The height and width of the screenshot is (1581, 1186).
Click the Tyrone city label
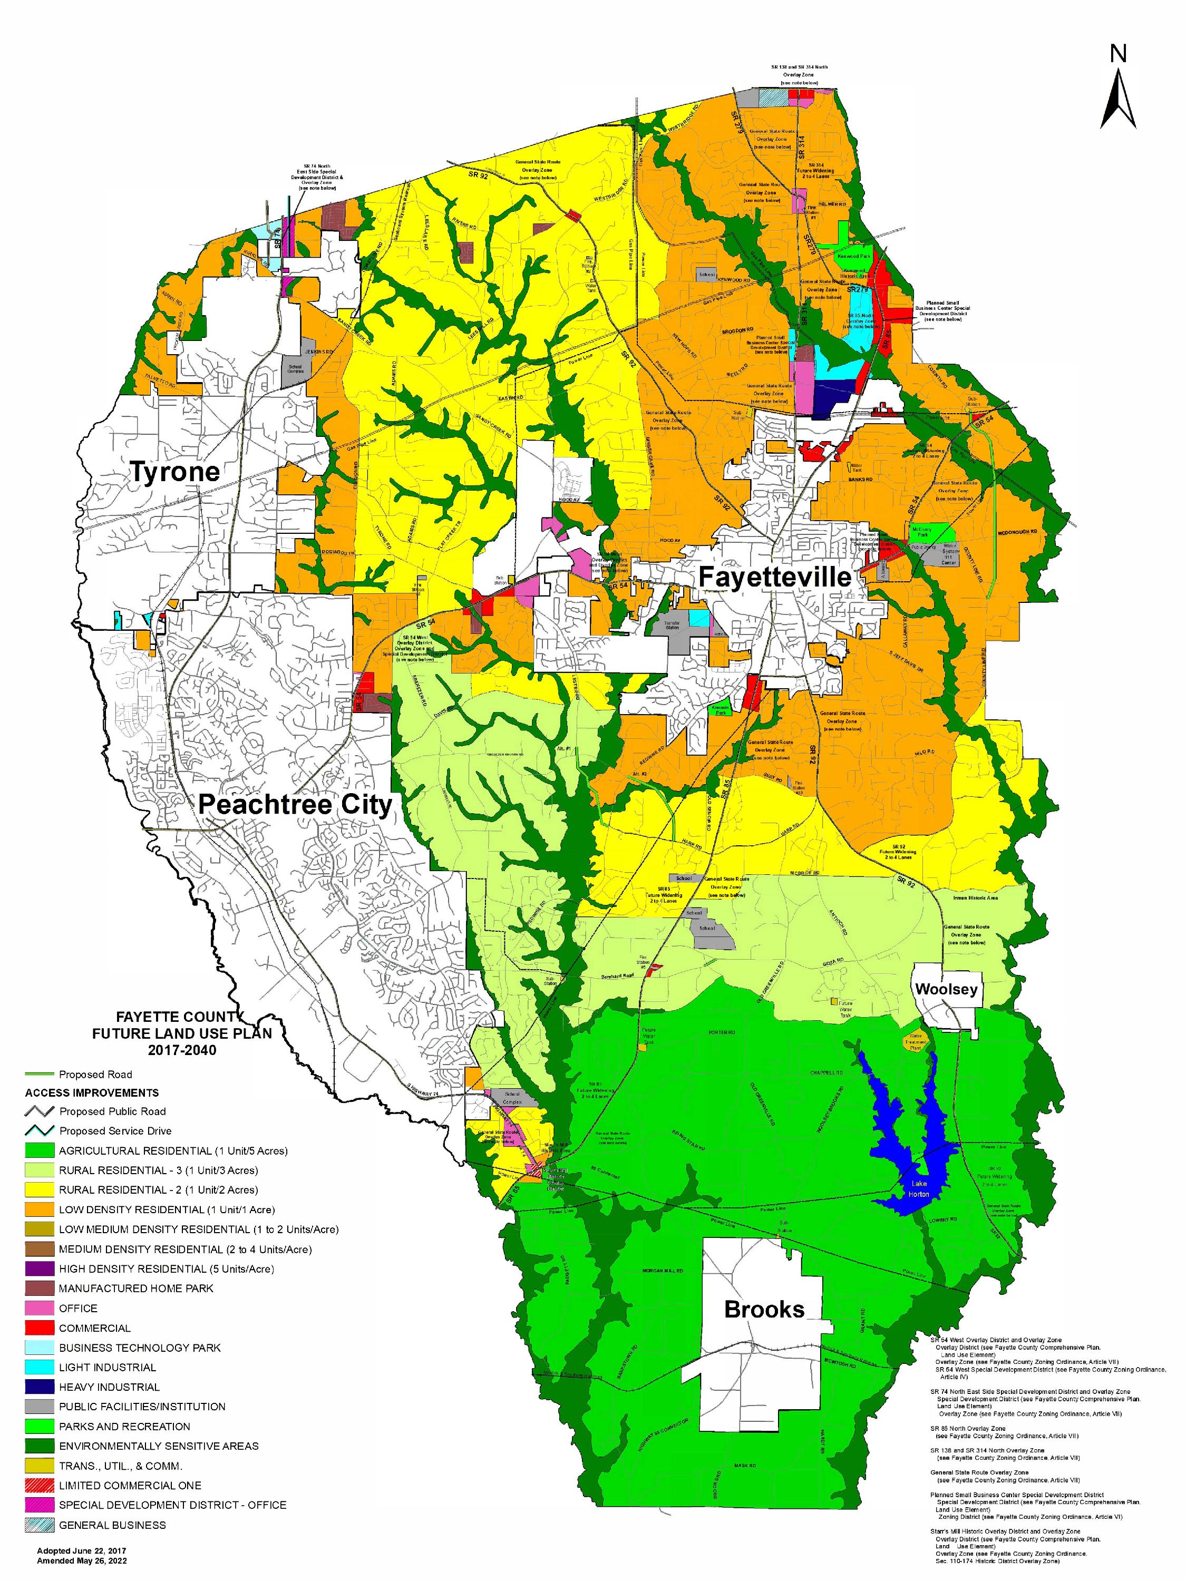(174, 472)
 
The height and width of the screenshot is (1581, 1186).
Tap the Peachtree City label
(295, 805)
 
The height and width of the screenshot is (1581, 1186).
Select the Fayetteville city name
(774, 577)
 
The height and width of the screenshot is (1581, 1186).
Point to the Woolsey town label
(945, 989)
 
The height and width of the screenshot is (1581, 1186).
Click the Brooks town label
(763, 1310)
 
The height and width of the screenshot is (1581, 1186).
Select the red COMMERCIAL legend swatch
(40, 1328)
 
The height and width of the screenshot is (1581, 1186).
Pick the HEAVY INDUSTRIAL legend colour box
(40, 1387)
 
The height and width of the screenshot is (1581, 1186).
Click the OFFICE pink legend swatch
(40, 1308)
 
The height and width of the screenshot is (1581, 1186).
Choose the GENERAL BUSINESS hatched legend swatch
(40, 1525)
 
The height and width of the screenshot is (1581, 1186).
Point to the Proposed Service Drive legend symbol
(40, 1131)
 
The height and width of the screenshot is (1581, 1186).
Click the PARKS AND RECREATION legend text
(124, 1426)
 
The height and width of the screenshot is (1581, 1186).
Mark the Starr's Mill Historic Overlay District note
(1008, 1531)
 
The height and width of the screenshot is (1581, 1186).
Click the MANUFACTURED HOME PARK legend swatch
(40, 1289)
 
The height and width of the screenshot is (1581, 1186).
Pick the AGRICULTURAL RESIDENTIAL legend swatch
(40, 1151)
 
